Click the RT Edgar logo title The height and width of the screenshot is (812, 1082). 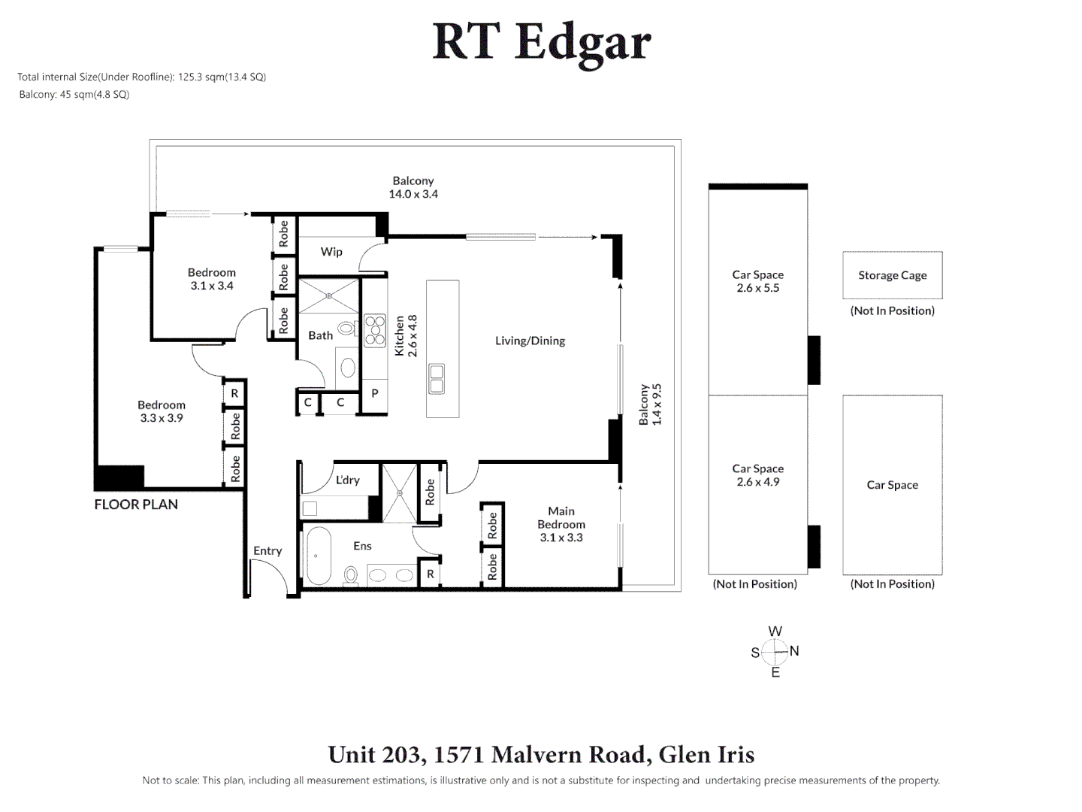click(541, 42)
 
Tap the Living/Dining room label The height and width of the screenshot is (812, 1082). click(530, 341)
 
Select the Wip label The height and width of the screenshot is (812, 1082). click(331, 252)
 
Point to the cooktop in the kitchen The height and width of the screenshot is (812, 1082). click(375, 331)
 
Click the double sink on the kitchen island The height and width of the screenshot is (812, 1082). click(436, 379)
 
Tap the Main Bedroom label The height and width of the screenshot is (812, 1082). click(561, 524)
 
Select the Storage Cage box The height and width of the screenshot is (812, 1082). click(892, 275)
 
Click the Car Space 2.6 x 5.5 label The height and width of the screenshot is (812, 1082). click(757, 281)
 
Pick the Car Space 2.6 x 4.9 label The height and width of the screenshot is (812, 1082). click(757, 475)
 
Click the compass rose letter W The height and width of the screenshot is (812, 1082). click(775, 632)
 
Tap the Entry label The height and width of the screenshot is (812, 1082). click(267, 551)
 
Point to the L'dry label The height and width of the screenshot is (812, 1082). click(348, 480)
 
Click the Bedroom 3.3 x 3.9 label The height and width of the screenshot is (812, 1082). click(162, 411)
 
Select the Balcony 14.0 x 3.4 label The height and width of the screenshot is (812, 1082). click(413, 187)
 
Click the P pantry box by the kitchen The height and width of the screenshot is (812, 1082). click(374, 393)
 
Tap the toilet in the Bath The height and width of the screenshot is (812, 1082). click(346, 329)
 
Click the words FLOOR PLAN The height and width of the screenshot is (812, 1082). click(136, 504)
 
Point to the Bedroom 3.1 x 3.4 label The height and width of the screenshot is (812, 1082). click(212, 279)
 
